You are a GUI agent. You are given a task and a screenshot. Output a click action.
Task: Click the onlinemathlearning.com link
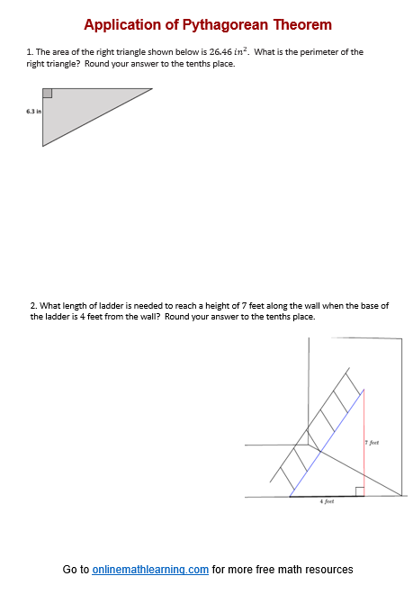pyautogui.click(x=150, y=570)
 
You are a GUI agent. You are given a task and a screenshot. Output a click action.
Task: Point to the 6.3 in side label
pyautogui.click(x=32, y=112)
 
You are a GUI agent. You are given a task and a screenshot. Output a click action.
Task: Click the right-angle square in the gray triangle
pyautogui.click(x=47, y=94)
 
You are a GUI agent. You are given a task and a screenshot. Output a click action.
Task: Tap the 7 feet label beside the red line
pyautogui.click(x=373, y=443)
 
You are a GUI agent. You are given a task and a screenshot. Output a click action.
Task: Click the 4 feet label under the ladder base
pyautogui.click(x=327, y=501)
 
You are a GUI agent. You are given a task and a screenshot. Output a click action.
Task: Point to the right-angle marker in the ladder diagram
pyautogui.click(x=359, y=491)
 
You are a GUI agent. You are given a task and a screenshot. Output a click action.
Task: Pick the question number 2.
pyautogui.click(x=33, y=306)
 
